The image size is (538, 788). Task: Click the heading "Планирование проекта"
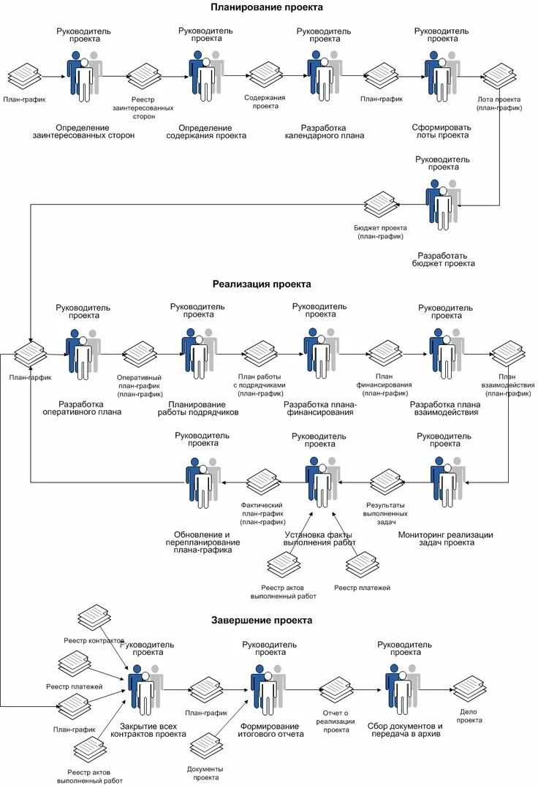(267, 7)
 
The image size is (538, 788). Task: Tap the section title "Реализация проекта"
(262, 284)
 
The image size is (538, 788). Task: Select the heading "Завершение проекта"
(262, 620)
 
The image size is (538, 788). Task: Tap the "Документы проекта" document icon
(206, 746)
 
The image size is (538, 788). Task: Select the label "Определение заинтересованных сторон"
(83, 131)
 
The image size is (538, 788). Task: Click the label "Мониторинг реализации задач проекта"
(445, 539)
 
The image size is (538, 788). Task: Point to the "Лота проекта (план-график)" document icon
(499, 76)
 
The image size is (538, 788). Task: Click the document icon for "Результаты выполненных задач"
(386, 482)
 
